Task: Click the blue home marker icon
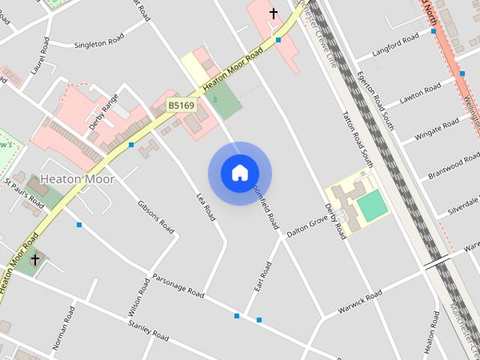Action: (239, 173)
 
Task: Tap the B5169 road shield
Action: (181, 106)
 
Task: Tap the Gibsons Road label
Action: (156, 217)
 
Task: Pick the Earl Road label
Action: (262, 277)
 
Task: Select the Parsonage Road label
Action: (178, 285)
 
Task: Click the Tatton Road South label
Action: (357, 139)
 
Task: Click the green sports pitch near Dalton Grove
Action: (370, 205)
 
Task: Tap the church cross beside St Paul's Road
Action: (34, 259)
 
